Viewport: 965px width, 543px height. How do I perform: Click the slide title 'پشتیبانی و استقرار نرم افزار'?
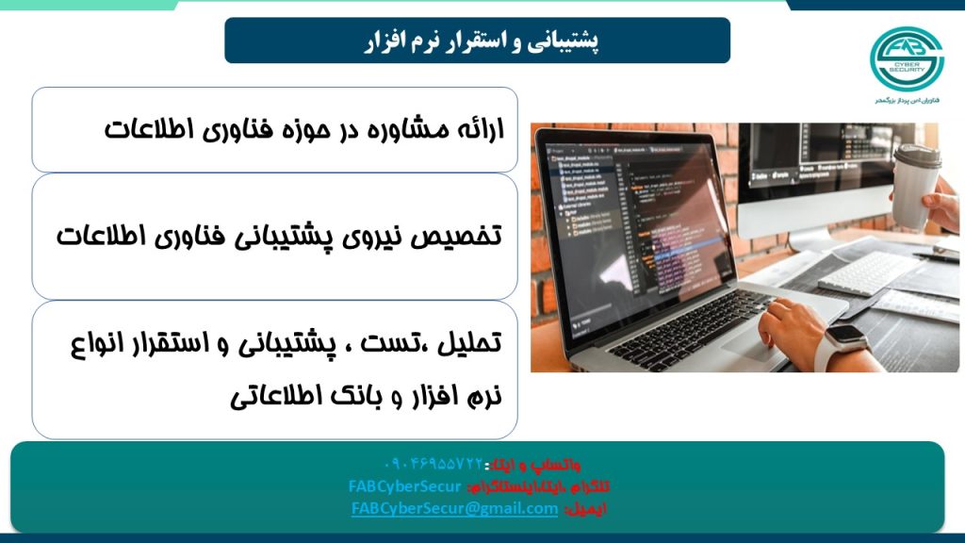click(x=477, y=41)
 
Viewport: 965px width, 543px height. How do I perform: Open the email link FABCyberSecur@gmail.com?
click(x=454, y=508)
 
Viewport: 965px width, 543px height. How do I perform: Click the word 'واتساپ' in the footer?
click(x=563, y=465)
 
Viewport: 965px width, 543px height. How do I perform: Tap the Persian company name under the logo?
click(x=908, y=99)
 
